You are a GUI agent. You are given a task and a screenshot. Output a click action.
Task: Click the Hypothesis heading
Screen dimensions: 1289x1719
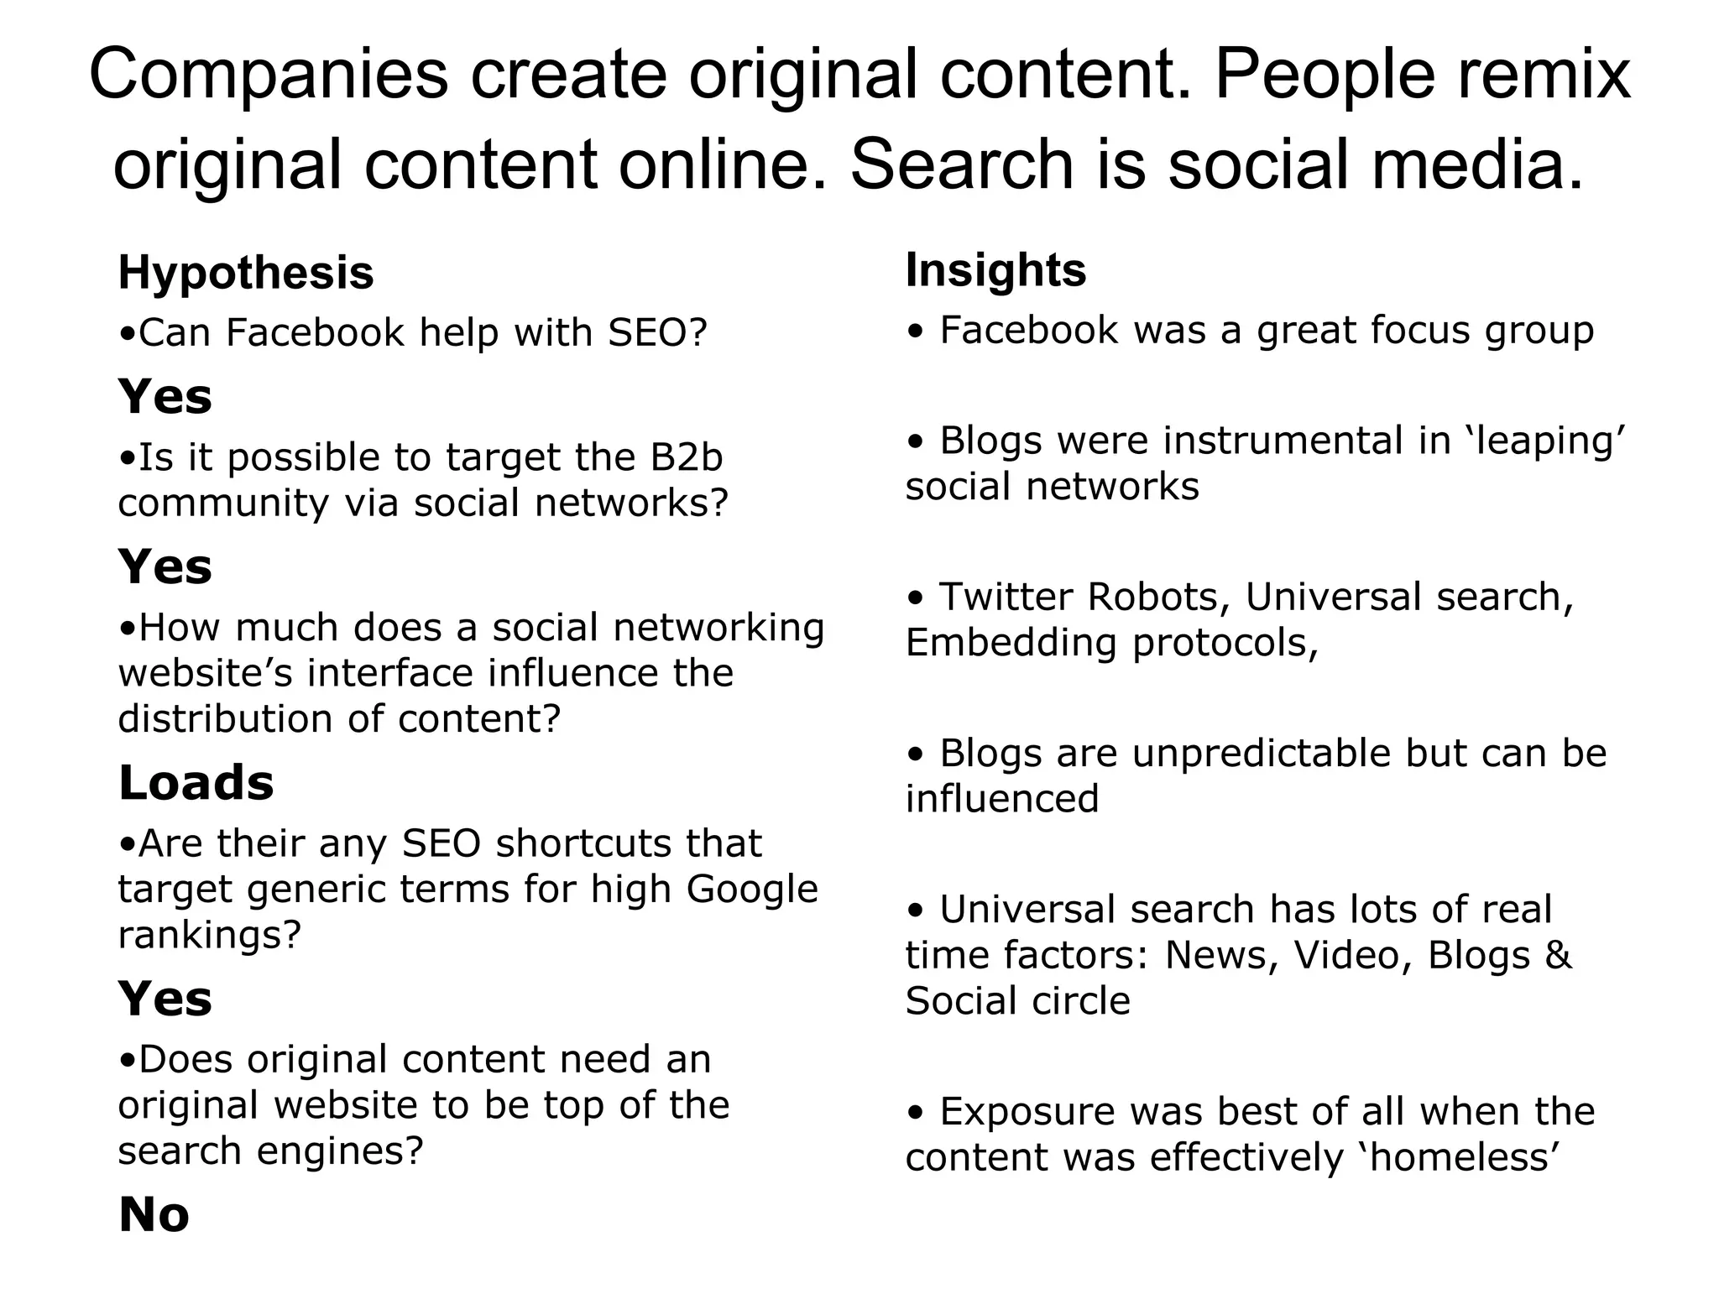245,274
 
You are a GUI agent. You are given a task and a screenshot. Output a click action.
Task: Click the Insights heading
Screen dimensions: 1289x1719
995,270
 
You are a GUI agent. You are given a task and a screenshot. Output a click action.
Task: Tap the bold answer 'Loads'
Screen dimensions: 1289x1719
196,783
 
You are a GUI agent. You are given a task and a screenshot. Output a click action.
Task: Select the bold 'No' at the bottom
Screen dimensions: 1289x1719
154,1214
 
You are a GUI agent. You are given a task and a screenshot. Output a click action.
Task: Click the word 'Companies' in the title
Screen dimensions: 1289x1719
269,74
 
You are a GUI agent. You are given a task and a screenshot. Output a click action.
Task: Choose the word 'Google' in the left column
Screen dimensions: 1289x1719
752,889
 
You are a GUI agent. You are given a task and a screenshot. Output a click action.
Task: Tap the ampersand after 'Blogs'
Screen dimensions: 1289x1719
1558,955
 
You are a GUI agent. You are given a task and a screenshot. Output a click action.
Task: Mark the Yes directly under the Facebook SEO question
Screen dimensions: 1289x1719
165,397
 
